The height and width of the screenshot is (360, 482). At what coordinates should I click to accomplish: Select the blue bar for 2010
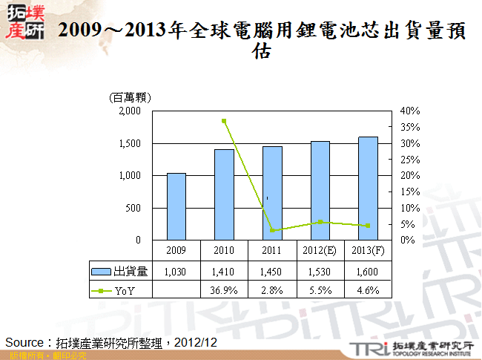click(224, 194)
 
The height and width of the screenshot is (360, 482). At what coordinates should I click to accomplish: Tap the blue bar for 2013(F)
click(369, 189)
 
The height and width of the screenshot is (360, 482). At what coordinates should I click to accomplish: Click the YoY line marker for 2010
click(224, 120)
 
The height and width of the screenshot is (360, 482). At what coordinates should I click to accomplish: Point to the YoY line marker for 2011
click(272, 231)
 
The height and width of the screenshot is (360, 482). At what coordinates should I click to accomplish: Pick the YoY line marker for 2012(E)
click(320, 222)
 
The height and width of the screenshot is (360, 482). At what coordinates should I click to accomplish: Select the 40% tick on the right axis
click(410, 111)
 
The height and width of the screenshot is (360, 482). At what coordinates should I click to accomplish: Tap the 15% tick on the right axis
click(410, 192)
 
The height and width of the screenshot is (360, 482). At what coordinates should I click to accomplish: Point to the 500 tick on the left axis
click(133, 208)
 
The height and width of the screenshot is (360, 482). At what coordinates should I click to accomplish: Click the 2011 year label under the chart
click(272, 249)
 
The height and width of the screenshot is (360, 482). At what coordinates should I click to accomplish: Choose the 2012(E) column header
click(320, 249)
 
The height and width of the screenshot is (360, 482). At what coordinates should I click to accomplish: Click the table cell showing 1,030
click(176, 272)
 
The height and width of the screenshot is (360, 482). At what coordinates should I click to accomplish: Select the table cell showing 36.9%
click(224, 289)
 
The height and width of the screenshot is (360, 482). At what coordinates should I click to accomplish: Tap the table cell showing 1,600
click(369, 272)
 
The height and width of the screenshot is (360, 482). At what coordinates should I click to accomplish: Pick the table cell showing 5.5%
click(320, 289)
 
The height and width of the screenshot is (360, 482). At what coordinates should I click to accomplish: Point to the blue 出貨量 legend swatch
click(101, 272)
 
